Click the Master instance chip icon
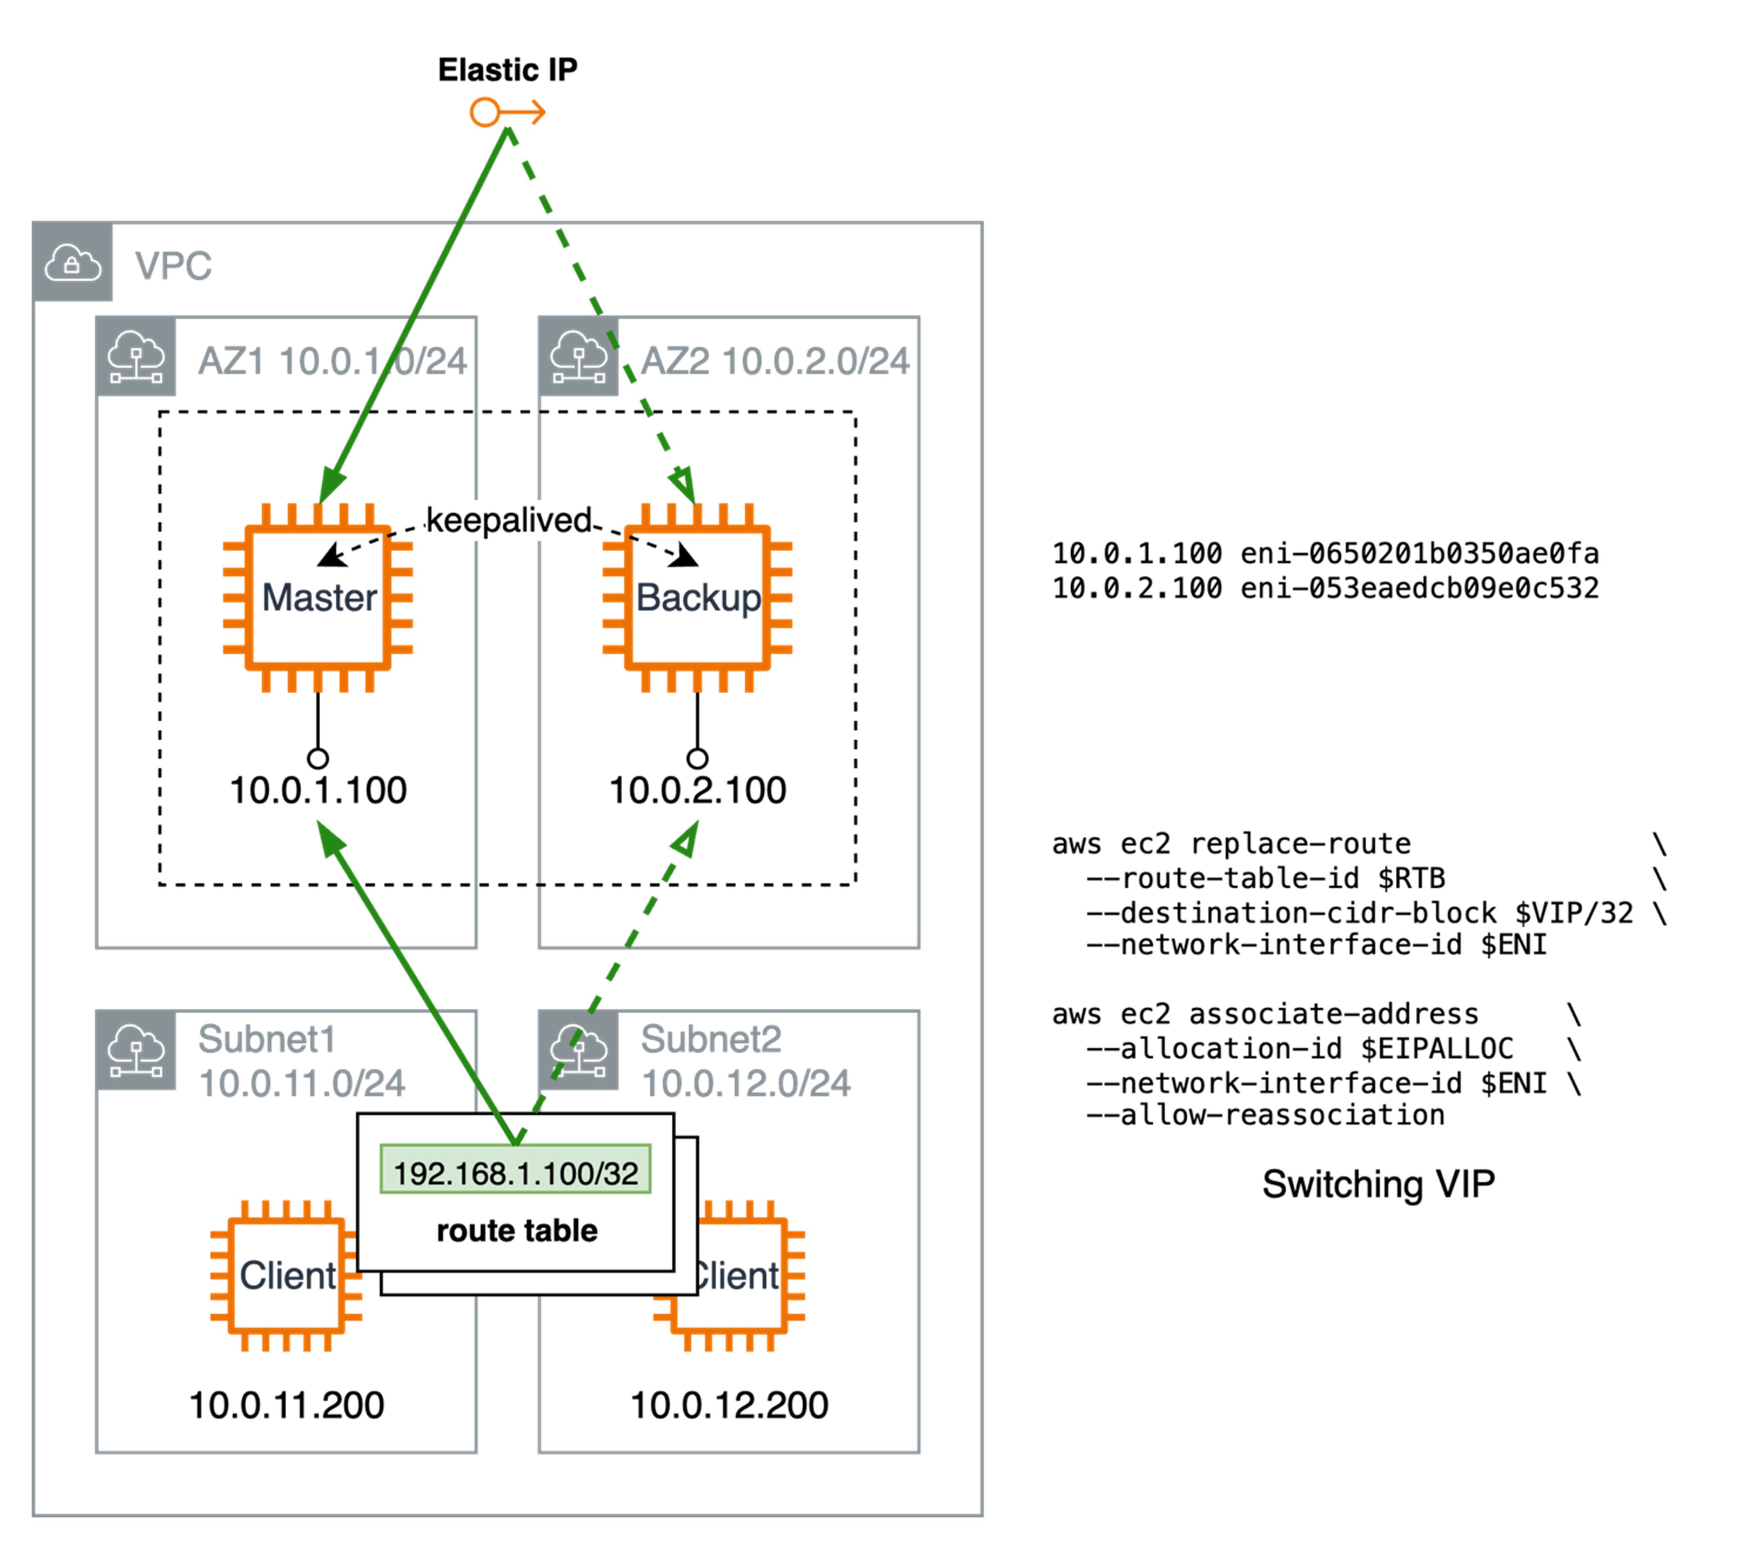(x=318, y=597)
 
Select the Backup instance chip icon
(x=697, y=597)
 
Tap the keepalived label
(x=509, y=519)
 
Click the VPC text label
(x=173, y=265)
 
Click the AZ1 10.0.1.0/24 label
(x=333, y=361)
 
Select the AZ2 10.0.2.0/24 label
(x=775, y=361)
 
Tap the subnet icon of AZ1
(x=136, y=357)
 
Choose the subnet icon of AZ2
(x=579, y=357)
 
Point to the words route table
(x=517, y=1231)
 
